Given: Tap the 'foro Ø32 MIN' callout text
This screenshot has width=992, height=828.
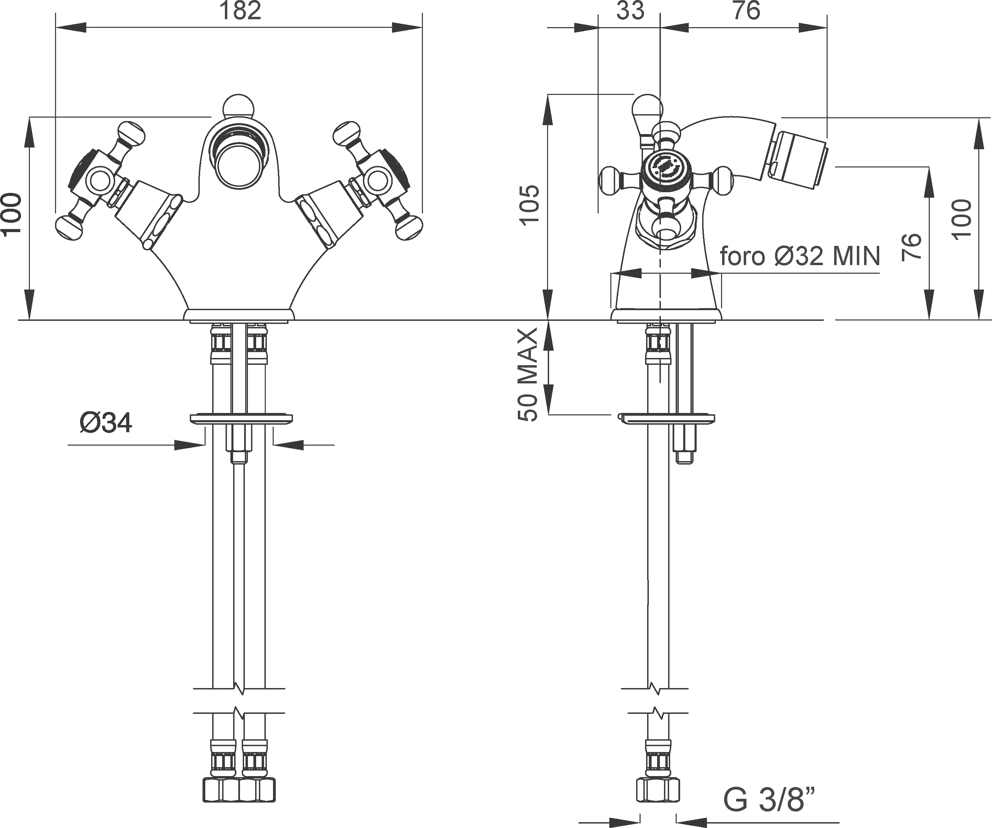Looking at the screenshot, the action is point(800,257).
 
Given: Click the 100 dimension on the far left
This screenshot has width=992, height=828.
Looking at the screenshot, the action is point(11,214).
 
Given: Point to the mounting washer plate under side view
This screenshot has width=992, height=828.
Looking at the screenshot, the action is point(666,419).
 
